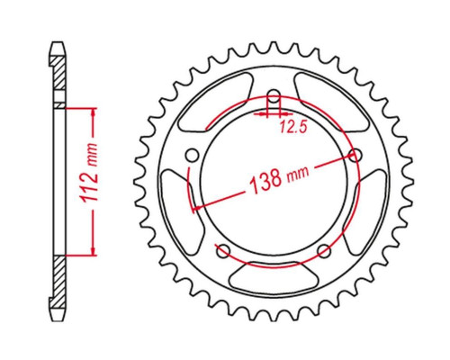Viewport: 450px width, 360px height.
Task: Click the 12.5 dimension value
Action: (293, 128)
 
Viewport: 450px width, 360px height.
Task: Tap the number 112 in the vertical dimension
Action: (89, 186)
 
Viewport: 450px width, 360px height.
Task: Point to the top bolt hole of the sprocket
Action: (273, 97)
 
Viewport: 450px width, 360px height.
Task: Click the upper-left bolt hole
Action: (192, 156)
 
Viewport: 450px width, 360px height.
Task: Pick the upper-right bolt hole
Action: (355, 155)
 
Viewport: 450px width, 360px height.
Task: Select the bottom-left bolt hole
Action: (223, 251)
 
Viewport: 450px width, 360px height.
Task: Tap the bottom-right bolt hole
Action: (324, 251)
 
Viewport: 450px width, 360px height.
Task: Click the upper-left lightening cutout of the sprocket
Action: (214, 102)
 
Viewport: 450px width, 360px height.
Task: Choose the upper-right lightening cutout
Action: (331, 102)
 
